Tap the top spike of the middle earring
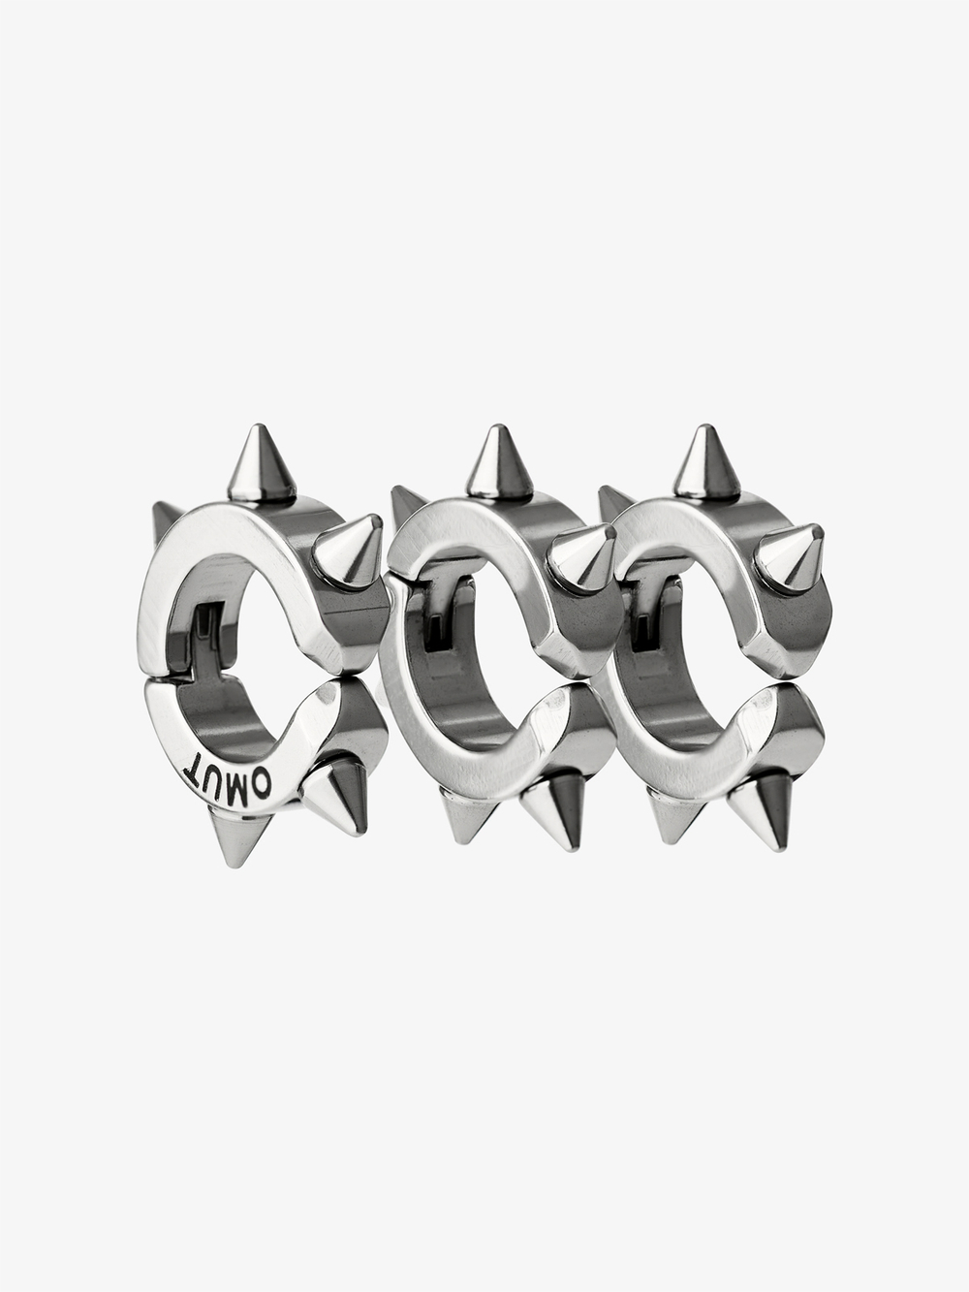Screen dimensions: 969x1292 500,464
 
